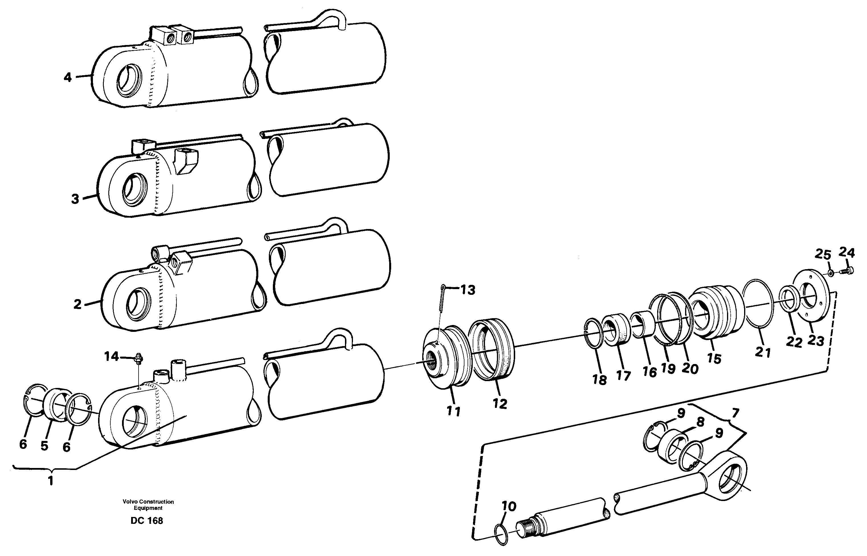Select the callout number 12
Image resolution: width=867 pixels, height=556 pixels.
pyautogui.click(x=500, y=404)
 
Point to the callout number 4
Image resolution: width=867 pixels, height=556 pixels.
pyautogui.click(x=68, y=77)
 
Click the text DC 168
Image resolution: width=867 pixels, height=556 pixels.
pyautogui.click(x=147, y=521)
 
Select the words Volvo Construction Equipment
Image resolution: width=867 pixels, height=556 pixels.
pyautogui.click(x=148, y=504)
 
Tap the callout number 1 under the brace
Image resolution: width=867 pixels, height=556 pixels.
pyautogui.click(x=50, y=481)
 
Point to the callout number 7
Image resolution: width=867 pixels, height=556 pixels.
pyautogui.click(x=735, y=412)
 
